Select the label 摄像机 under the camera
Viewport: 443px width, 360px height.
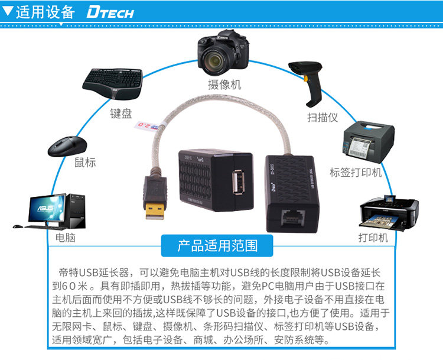click(224, 85)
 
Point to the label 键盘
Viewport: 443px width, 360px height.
click(121, 113)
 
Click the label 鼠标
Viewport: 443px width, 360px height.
click(84, 162)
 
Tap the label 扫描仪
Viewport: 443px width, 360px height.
click(323, 117)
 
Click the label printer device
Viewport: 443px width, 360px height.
click(369, 142)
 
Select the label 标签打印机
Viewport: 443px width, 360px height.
click(356, 173)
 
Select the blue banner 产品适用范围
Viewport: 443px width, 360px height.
click(218, 245)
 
